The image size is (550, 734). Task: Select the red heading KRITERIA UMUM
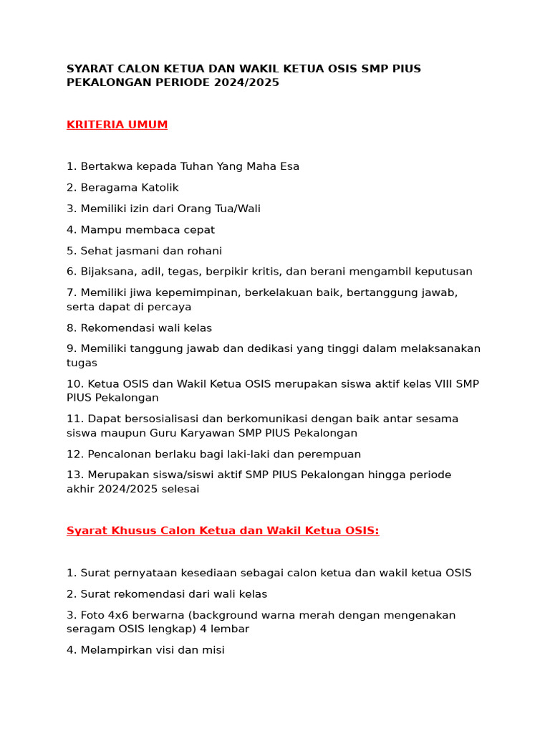click(117, 125)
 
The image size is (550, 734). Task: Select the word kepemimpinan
click(189, 292)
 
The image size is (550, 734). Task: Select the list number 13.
click(74, 475)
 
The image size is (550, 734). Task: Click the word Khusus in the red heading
click(132, 530)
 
